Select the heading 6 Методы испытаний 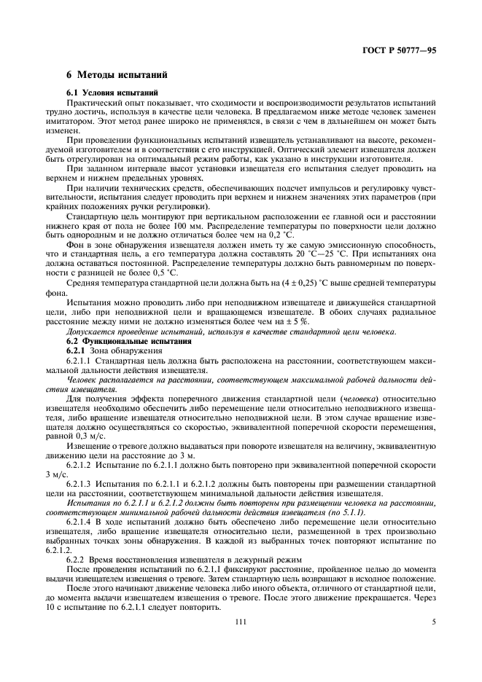[117, 74]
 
